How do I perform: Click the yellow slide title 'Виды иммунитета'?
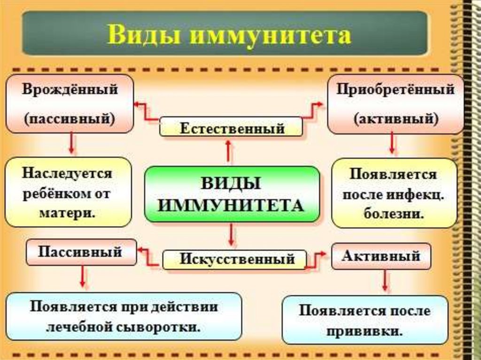point(229,36)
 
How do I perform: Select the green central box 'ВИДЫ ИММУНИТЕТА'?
point(232,193)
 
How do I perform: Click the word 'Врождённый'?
point(70,90)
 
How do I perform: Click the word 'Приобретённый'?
point(395,90)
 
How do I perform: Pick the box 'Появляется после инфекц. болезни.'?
point(394,193)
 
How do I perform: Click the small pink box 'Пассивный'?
point(80,252)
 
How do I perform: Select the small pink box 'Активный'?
point(381,256)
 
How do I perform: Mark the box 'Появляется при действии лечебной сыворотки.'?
point(124,316)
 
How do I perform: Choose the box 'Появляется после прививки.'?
point(365,320)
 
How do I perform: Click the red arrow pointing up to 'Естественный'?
point(229,151)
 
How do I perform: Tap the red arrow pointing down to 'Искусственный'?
point(231,235)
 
